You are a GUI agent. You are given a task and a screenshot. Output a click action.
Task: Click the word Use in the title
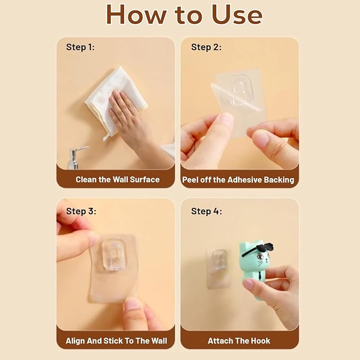pos(236,14)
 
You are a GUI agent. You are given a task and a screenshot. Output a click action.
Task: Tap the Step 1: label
pos(80,47)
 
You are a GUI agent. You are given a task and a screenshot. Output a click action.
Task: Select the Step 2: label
pos(206,47)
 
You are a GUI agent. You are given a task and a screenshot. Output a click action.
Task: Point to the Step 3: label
pos(81,211)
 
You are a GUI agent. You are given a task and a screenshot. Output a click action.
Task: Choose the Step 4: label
pos(206,211)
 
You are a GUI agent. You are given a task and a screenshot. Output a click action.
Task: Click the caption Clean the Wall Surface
pos(118,180)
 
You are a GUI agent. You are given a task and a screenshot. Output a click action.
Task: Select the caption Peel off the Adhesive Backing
pos(238,180)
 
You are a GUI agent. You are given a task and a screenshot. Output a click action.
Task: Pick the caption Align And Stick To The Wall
pos(117,341)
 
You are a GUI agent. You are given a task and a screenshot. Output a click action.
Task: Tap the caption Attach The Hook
pos(239,341)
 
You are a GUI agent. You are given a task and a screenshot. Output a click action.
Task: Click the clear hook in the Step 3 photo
pos(114,254)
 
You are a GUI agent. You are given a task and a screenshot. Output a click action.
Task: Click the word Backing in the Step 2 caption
pos(279,180)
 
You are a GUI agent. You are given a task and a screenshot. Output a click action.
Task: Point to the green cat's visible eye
pos(260,256)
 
